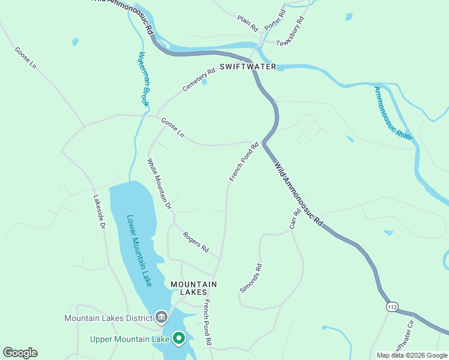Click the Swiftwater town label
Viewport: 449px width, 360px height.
tap(247, 67)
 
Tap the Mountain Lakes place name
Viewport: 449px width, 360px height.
tap(193, 288)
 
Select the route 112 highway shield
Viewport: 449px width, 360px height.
tap(392, 307)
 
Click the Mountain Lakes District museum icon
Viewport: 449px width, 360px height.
tap(161, 316)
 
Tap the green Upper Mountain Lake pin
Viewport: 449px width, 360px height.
tap(178, 339)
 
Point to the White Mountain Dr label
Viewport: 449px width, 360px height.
tap(160, 183)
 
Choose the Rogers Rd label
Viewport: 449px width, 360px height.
tap(196, 242)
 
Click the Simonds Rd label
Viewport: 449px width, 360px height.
tap(251, 278)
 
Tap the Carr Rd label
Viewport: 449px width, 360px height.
tap(295, 219)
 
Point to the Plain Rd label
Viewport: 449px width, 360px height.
tap(247, 23)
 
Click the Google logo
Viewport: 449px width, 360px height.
tap(20, 353)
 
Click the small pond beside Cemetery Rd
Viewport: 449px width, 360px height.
tap(204, 82)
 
